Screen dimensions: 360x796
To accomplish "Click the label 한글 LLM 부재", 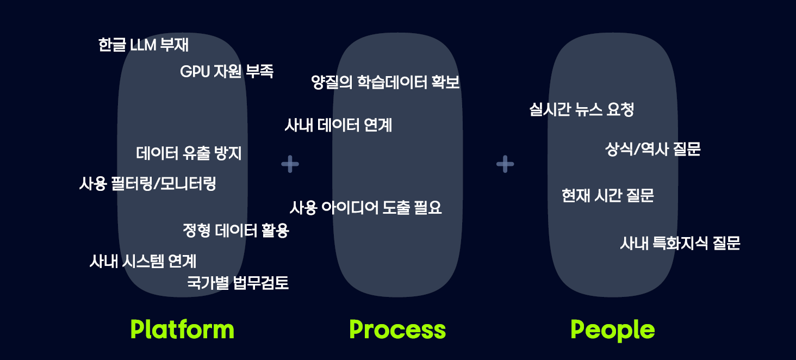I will [144, 45].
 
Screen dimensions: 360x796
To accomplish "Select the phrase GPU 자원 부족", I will [227, 71].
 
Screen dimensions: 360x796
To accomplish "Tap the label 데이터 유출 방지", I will [189, 153].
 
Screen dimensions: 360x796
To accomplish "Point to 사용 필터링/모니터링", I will [148, 184].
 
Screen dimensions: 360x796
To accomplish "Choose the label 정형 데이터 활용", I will [236, 231].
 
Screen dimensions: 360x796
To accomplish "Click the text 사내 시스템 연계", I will [143, 262].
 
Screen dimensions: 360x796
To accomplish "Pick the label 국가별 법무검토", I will [238, 283].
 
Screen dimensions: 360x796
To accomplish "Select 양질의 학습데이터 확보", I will [385, 83].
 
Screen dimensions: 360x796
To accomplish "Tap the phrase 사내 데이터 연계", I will [338, 126].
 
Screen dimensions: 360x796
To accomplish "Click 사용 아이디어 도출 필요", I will [365, 208].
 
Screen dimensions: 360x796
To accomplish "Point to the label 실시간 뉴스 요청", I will [582, 110].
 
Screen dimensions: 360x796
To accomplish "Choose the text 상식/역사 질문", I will [652, 149].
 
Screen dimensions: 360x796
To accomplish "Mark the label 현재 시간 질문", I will [607, 196].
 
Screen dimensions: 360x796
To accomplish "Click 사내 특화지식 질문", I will [680, 243].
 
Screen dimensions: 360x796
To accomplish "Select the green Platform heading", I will [183, 330].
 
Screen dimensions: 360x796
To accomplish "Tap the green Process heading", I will [397, 330].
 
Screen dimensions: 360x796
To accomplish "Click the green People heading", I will [613, 330].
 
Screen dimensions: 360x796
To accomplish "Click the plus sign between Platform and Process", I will [290, 164].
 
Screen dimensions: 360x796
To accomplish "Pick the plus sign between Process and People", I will [505, 164].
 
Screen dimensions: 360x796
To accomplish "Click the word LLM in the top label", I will [143, 45].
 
